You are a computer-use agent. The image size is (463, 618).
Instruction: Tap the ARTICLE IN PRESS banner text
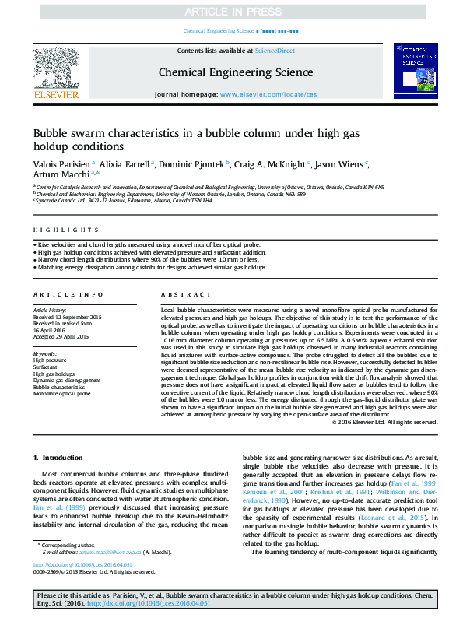pos(231,11)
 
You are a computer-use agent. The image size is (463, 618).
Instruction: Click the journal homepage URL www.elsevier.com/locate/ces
pos(268,93)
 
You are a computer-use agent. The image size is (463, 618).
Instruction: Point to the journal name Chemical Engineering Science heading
pos(236,72)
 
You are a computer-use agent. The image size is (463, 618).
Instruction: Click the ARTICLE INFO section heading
pos(68,295)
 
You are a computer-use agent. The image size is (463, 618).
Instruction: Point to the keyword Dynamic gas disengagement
pos(67,381)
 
